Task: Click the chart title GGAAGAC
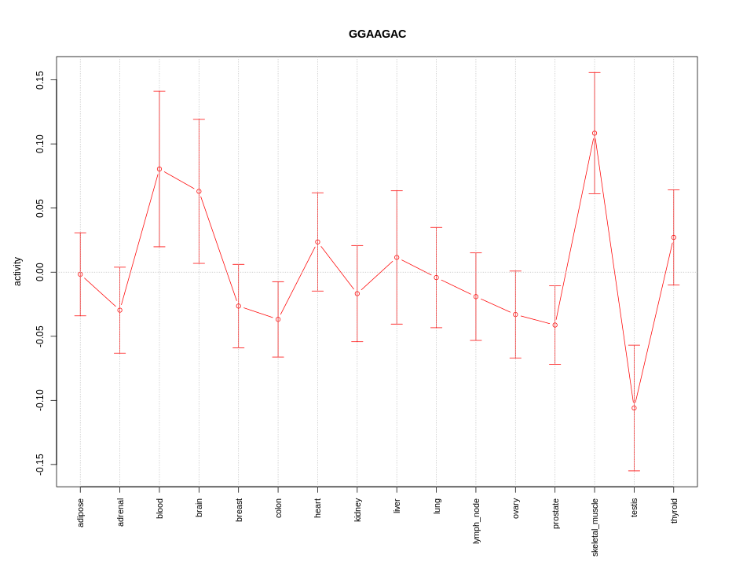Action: (377, 34)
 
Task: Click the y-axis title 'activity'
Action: (17, 271)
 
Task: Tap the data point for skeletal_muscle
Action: (595, 133)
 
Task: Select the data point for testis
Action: (634, 408)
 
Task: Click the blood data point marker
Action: (159, 169)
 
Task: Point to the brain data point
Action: (199, 191)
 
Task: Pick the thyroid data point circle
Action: (673, 237)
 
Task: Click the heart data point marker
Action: (317, 242)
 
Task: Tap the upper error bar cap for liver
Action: (397, 191)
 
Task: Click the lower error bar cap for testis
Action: (634, 471)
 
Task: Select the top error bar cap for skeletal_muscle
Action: (595, 73)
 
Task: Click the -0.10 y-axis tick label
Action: (40, 400)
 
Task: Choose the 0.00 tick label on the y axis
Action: (40, 272)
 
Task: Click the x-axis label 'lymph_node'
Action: (476, 520)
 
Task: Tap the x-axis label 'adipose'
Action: (80, 513)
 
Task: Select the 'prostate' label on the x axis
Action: (555, 513)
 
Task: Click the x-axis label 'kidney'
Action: (357, 509)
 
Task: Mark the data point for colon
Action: (278, 319)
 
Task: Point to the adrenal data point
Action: (119, 311)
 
